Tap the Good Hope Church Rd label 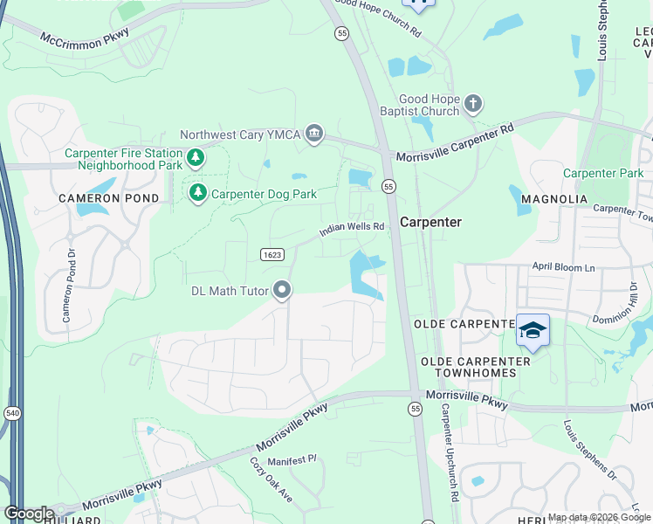point(379,17)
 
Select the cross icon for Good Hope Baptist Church point(473,105)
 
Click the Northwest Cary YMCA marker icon point(315,134)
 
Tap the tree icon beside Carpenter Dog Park point(198,193)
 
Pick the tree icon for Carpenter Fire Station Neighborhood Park point(197,158)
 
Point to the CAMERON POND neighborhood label point(108,198)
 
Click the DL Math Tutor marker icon point(281,290)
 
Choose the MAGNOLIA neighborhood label point(553,199)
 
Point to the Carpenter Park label point(603,173)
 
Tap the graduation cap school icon point(533,330)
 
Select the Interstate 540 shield point(12,412)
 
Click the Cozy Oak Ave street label point(271,479)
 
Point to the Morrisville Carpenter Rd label point(455,145)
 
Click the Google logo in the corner point(28,514)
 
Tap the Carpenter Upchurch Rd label point(448,451)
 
